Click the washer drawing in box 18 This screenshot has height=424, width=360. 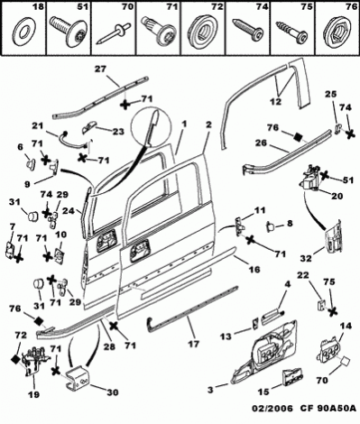tap(23, 33)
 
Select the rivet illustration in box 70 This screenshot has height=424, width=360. tap(110, 34)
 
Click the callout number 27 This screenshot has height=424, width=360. tap(100, 69)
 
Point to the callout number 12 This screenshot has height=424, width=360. tap(276, 102)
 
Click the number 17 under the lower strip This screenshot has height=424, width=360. tap(193, 344)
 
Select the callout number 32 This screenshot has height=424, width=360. tap(307, 258)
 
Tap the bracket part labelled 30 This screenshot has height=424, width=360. tap(77, 376)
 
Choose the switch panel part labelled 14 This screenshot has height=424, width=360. tap(329, 351)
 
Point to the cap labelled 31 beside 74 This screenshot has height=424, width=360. tap(32, 216)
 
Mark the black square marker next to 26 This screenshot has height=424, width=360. tap(298, 137)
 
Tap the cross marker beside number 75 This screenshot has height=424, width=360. tap(332, 311)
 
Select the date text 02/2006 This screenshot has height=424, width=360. tap(272, 409)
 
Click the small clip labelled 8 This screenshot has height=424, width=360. tap(270, 226)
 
